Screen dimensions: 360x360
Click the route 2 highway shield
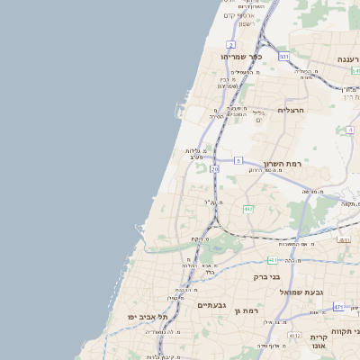point(230,44)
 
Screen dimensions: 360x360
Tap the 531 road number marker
point(283,57)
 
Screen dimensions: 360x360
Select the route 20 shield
point(214,168)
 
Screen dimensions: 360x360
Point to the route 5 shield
point(238,160)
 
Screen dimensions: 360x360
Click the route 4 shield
point(349,130)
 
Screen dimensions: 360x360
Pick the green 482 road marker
point(248,209)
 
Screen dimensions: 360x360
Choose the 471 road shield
point(338,307)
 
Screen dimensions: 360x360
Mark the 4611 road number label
point(345,240)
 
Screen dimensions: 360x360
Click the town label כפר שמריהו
point(241,57)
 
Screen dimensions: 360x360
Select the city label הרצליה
point(291,110)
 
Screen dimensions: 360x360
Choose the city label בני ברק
point(268,276)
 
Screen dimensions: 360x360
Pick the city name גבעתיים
point(213,305)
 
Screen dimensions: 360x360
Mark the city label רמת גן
point(245,311)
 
